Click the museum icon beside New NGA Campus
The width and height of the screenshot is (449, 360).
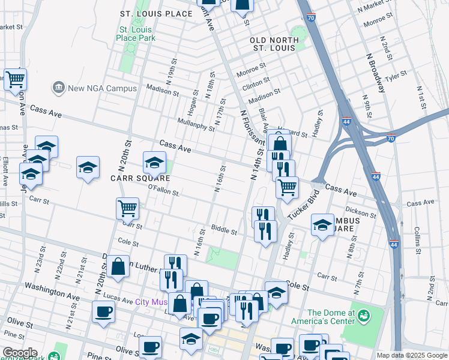[58, 88]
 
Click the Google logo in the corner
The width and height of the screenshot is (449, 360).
[20, 353]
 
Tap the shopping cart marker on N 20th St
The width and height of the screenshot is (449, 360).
[127, 209]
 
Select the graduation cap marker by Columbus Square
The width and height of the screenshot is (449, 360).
[322, 225]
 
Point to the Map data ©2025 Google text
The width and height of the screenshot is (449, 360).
[412, 355]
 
